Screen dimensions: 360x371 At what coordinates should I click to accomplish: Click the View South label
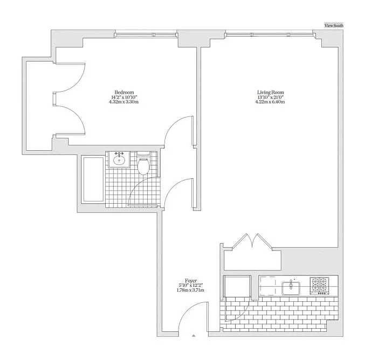click(x=333, y=25)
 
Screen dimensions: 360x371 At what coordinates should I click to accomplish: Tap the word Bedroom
click(x=124, y=92)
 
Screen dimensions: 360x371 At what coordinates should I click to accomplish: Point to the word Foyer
click(x=190, y=280)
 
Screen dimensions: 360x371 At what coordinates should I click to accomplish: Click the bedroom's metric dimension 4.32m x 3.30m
click(x=124, y=101)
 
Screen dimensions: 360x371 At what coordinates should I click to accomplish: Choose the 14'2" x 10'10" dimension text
click(x=124, y=96)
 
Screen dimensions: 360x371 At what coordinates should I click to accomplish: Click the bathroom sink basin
click(x=119, y=160)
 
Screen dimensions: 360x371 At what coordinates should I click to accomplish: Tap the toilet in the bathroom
click(x=143, y=166)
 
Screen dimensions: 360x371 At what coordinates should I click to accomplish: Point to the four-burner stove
click(x=319, y=285)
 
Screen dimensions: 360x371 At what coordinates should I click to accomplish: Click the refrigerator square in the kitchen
click(x=237, y=286)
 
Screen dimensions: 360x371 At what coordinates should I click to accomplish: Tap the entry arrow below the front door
click(x=193, y=336)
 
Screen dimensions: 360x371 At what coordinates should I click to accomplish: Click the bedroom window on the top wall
click(x=146, y=36)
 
